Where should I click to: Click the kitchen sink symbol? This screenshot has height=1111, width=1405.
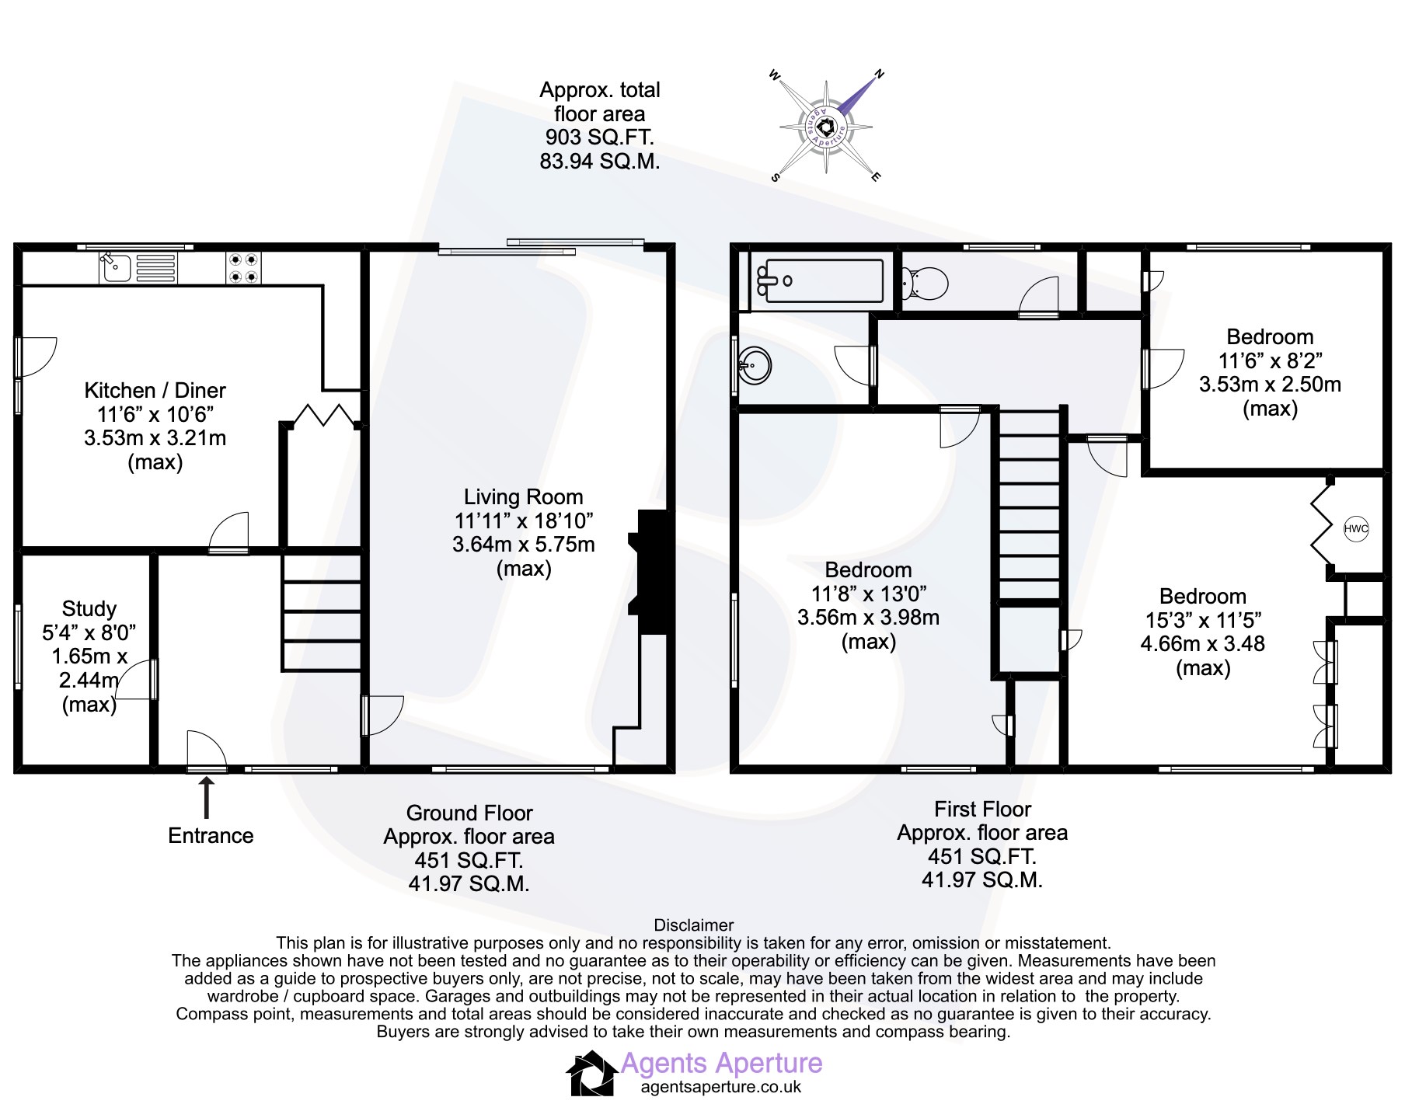[138, 267]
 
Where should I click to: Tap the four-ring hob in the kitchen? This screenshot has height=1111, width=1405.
[243, 267]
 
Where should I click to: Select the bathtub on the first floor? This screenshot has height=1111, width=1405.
[819, 280]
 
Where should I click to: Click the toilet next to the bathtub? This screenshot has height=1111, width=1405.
[925, 283]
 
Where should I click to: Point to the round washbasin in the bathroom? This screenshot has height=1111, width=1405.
[755, 364]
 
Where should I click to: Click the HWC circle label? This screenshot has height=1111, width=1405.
[1356, 529]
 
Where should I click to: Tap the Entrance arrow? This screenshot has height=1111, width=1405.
[207, 798]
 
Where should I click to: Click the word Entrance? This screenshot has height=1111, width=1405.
[211, 836]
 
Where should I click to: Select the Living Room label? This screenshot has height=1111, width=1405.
[523, 497]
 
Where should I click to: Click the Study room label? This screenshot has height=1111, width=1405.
[89, 609]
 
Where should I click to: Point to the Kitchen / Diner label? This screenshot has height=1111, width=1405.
[155, 390]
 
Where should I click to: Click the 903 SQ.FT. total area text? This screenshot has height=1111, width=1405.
[599, 138]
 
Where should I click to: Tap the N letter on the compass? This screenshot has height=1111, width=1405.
[880, 75]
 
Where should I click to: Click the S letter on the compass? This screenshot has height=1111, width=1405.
[775, 177]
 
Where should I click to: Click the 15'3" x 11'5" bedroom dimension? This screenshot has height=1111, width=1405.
[1203, 620]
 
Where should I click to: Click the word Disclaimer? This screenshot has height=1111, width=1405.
[694, 925]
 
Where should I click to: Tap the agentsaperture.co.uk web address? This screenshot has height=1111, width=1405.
[720, 1087]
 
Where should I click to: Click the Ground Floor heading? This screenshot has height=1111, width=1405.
[469, 813]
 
